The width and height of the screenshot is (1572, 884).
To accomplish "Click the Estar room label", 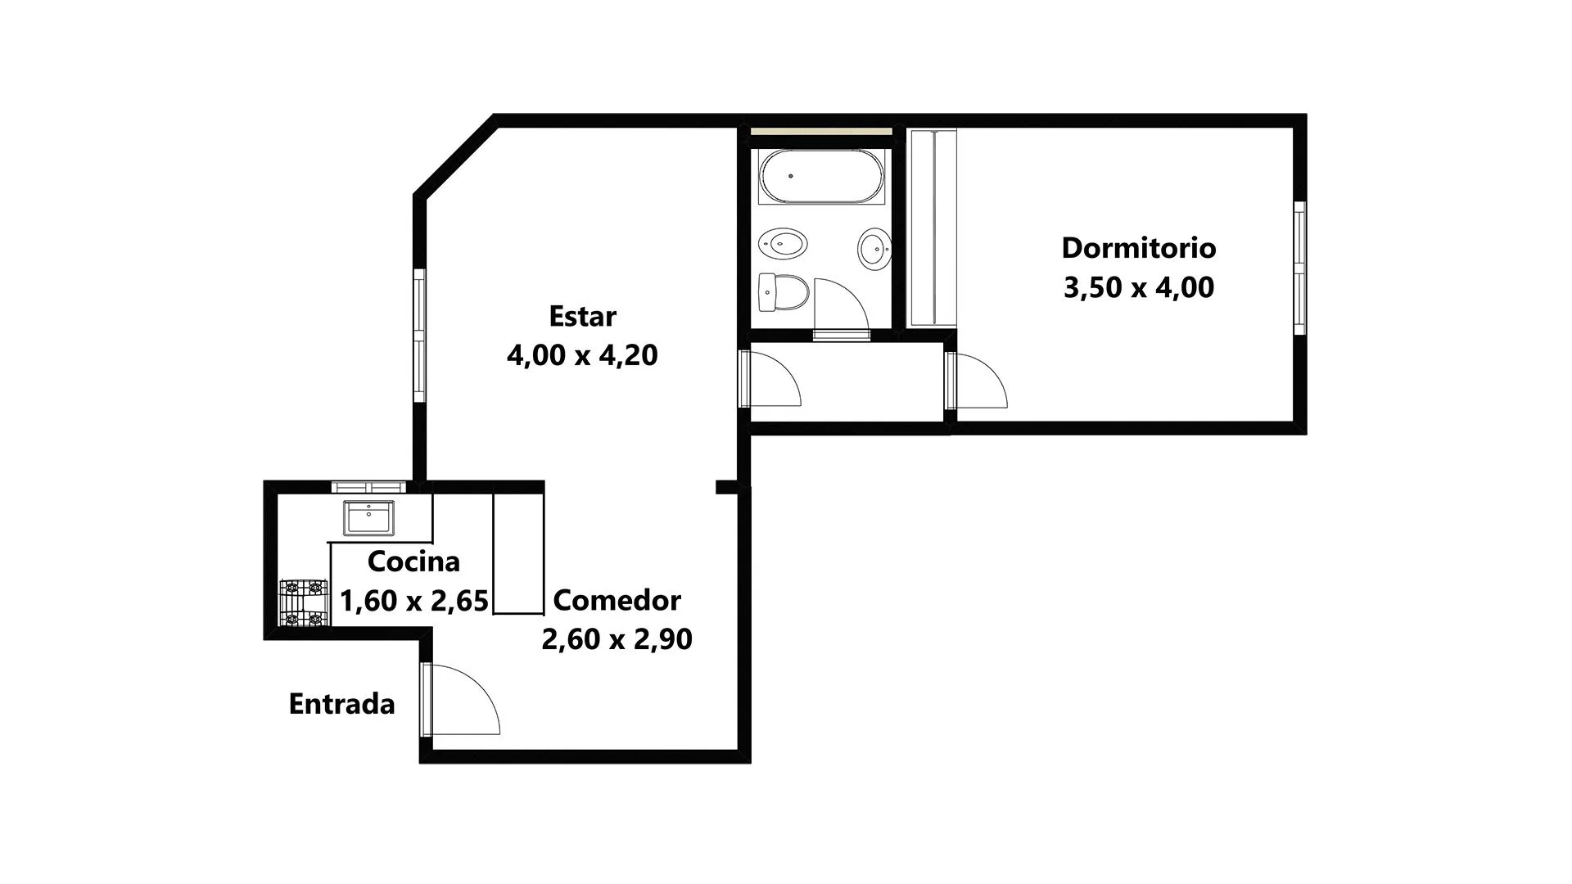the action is coord(582,316).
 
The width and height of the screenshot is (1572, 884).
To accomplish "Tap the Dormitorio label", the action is coord(1139,247).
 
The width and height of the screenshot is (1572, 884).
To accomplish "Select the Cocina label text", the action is coord(413,562).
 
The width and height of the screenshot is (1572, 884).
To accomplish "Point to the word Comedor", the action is coord(617,600).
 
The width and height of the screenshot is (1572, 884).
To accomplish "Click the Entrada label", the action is coord(341,704).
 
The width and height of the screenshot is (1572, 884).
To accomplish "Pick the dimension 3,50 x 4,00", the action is coord(1139,288).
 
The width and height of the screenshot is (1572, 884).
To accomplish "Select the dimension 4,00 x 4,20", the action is coord(582,355).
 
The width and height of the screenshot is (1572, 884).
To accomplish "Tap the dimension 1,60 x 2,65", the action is coord(414,601).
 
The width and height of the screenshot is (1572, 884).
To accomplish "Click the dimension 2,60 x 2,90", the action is coord(617,639).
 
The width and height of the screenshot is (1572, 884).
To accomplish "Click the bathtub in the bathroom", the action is coord(821,176).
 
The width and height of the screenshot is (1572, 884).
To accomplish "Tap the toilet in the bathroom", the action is coord(784,292).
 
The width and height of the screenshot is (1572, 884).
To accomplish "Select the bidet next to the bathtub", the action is coord(783,243).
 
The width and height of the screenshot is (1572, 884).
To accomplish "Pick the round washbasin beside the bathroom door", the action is coord(874,248).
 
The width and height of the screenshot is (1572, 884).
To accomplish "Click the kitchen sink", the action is coord(368,517).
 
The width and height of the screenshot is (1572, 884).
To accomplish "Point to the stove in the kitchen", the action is coord(303,603).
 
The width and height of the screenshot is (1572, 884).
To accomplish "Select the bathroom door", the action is coord(841,308).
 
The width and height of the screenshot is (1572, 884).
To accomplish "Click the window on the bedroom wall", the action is coord(1299,268).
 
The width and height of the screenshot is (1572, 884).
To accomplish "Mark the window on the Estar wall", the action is coord(419,336).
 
